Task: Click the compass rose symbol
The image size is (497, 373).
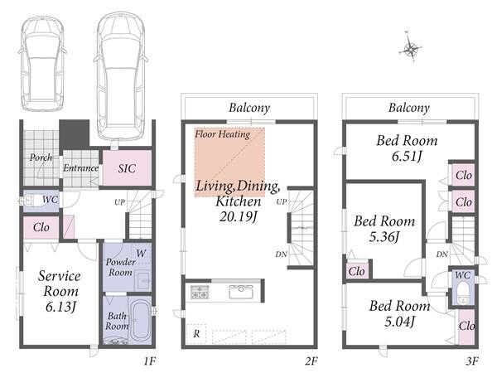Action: click(x=410, y=48)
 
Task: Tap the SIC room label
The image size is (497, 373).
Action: click(x=127, y=168)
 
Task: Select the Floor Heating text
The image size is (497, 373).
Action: click(x=223, y=134)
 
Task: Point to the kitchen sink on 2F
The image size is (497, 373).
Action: click(x=241, y=292)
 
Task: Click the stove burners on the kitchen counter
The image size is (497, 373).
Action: click(x=200, y=292)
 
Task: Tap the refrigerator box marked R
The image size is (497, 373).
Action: click(x=196, y=334)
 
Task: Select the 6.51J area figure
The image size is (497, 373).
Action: click(x=407, y=157)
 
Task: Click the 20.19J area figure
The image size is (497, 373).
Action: click(x=238, y=216)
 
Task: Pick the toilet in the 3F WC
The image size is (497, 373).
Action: click(x=463, y=293)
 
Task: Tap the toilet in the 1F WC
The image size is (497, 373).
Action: click(x=31, y=201)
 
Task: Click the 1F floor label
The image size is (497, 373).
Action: click(x=150, y=361)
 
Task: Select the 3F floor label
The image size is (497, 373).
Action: click(x=472, y=361)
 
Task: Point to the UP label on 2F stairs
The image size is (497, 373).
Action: click(x=282, y=201)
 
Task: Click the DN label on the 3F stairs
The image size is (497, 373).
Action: click(x=442, y=254)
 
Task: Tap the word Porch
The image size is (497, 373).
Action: click(x=41, y=157)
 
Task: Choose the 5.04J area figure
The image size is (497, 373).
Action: click(x=399, y=322)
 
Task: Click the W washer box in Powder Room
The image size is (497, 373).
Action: click(x=141, y=254)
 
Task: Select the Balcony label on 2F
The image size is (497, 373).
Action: click(x=249, y=108)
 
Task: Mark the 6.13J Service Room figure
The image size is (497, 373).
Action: click(x=60, y=307)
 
